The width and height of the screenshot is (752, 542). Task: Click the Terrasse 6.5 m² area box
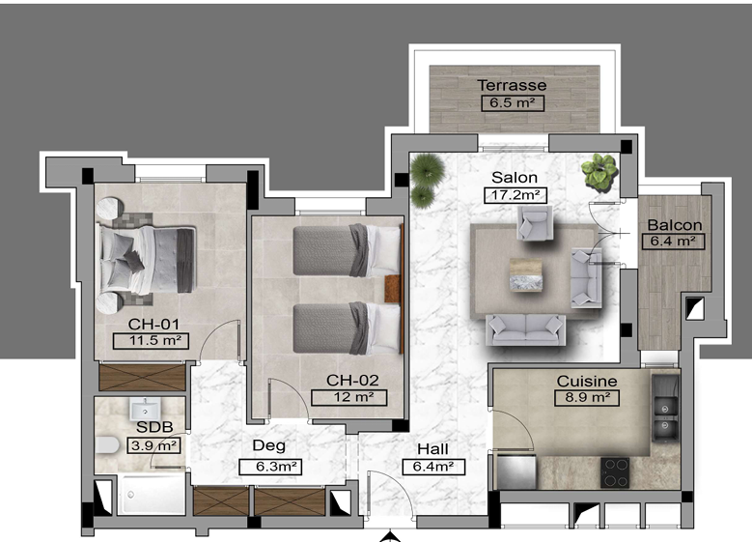(x=513, y=103)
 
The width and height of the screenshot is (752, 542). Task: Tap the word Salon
(x=515, y=178)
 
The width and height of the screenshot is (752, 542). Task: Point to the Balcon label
(x=675, y=225)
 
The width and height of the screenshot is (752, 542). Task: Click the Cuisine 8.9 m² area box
(x=587, y=398)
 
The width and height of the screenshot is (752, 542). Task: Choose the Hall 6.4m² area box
(x=433, y=467)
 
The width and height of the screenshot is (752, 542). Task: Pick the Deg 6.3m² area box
(x=270, y=467)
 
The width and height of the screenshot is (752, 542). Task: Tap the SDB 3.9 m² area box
(x=153, y=445)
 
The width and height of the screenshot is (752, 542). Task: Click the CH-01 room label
(x=153, y=324)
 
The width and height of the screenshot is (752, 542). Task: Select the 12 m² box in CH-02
(x=348, y=398)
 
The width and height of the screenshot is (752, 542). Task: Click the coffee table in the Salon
(x=526, y=274)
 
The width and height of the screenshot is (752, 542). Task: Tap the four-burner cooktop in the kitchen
(x=615, y=472)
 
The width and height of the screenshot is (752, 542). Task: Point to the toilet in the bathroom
(x=107, y=445)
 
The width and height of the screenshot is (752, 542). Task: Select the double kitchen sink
(x=665, y=416)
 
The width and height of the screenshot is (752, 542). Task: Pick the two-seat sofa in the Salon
(x=526, y=329)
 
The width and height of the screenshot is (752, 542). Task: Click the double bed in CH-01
(x=148, y=260)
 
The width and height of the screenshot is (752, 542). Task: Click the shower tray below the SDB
(x=152, y=495)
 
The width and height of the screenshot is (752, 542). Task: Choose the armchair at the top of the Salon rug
(x=535, y=223)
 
